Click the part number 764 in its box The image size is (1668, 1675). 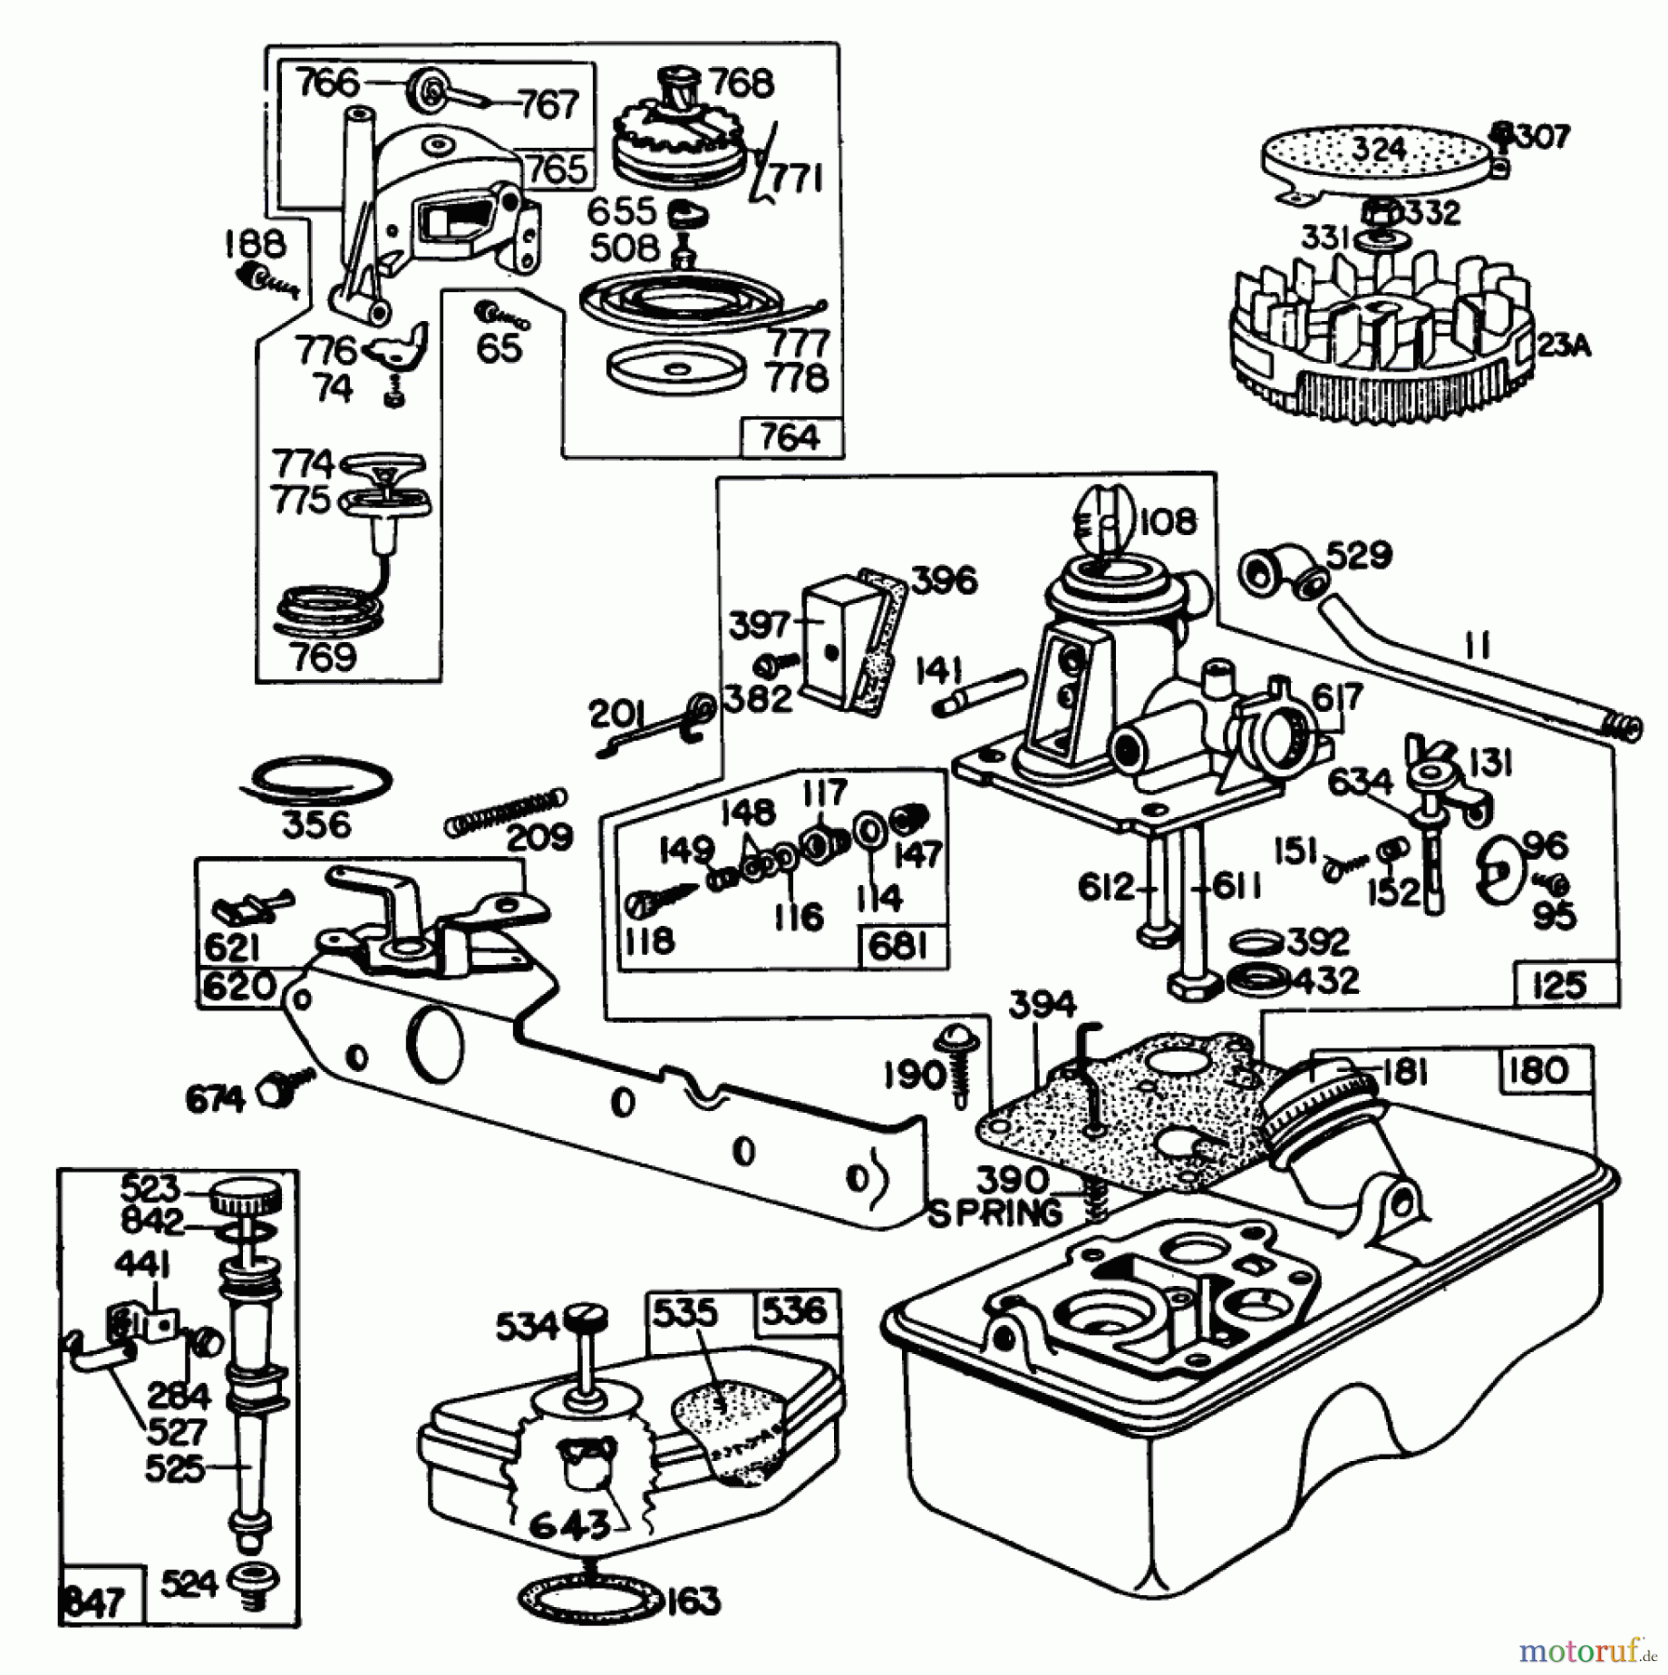click(x=789, y=437)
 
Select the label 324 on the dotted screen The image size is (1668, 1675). click(x=1379, y=150)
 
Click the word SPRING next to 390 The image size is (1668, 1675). click(x=994, y=1213)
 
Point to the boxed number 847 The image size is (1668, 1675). click(x=97, y=1602)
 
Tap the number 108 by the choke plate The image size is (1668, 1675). click(x=1167, y=521)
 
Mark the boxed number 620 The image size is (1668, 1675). click(x=238, y=985)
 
